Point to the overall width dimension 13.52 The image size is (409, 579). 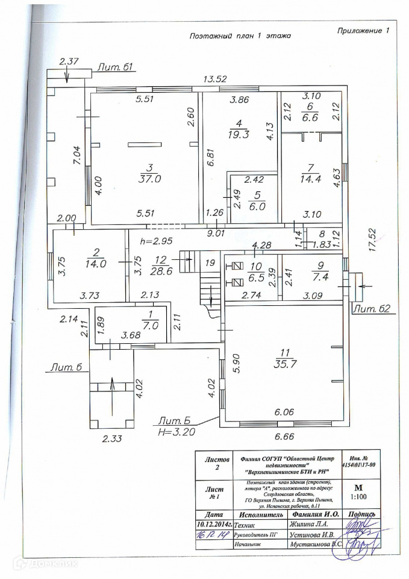pos(215,79)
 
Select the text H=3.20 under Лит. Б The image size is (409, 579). pos(176,432)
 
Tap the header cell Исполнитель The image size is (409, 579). pos(260,514)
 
